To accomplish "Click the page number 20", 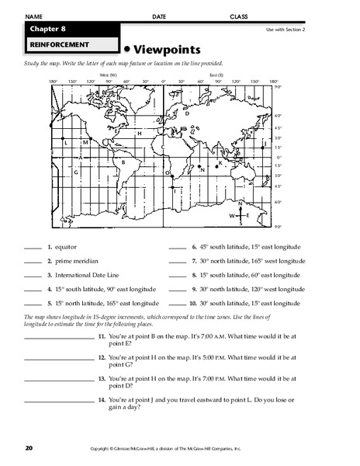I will coord(29,448).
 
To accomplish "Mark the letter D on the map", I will coord(187,113).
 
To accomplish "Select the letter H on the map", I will coord(139,134).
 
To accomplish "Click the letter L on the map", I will coord(67,143).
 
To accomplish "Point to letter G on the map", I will coord(76,170).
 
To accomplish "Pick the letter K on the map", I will coord(221,163).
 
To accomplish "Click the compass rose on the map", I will coord(241,214).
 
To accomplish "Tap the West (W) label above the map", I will coord(99,74).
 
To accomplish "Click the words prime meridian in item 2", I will coord(72,262).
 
